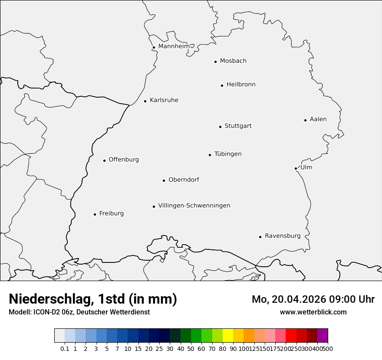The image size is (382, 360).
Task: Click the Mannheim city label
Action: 174,46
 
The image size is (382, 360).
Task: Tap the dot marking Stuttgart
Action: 220,127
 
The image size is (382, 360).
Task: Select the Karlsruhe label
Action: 164,100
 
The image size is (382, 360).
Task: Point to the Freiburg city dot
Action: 95,214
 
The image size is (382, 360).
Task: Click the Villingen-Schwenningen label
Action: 194,206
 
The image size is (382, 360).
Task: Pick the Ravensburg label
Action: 283,236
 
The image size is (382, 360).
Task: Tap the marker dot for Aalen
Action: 305,120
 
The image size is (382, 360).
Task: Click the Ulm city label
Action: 306,167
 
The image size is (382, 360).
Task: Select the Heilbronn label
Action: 241,85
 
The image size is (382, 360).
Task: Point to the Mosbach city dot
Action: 215,62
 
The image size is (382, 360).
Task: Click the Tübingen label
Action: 228,154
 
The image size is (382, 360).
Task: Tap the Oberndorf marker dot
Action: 164,180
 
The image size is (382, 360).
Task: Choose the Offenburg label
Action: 124,160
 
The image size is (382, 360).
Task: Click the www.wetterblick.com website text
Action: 313,312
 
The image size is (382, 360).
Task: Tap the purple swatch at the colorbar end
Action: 323,336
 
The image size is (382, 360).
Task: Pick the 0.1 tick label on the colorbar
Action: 65,349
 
